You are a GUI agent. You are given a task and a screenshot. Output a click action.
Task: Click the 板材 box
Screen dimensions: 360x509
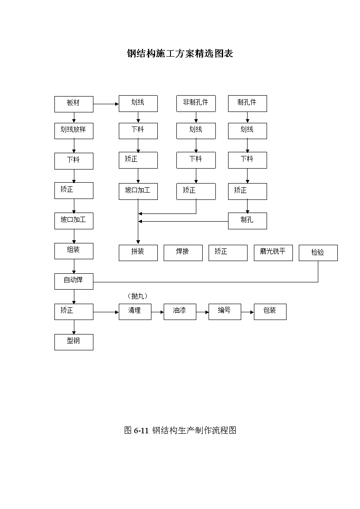tap(74, 104)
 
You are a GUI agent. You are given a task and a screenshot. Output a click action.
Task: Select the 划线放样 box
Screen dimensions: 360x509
tap(74, 131)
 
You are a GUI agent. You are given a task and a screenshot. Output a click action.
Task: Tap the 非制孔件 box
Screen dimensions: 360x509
tap(196, 103)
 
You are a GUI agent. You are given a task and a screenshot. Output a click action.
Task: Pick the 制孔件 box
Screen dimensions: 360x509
tap(248, 103)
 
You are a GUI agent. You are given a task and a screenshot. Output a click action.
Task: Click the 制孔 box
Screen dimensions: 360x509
tap(248, 221)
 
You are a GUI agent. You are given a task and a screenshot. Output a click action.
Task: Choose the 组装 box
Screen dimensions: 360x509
tap(74, 251)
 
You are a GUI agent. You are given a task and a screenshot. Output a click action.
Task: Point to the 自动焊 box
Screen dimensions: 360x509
tap(74, 281)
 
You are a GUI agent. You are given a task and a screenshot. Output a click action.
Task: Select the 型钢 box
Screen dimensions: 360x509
tap(74, 342)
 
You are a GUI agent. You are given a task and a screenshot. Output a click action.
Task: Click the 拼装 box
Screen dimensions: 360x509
tap(138, 253)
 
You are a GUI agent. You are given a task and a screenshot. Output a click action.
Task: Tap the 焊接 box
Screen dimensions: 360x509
tap(183, 253)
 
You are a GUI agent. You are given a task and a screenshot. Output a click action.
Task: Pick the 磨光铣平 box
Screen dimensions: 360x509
tap(273, 253)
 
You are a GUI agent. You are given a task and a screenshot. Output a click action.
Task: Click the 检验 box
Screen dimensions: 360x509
tap(318, 253)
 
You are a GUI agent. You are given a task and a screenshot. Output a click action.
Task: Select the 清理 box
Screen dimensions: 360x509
tap(135, 312)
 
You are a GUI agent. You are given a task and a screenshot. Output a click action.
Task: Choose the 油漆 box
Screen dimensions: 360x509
tap(180, 312)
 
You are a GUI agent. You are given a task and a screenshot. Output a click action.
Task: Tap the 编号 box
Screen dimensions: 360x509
tap(224, 312)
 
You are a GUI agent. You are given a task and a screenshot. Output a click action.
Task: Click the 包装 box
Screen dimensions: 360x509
tap(270, 312)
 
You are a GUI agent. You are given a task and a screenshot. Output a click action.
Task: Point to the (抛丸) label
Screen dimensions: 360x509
tap(137, 296)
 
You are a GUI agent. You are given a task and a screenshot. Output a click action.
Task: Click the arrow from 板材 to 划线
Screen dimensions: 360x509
tap(106, 104)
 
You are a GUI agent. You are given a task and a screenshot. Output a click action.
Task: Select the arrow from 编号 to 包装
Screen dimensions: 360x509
tap(248, 312)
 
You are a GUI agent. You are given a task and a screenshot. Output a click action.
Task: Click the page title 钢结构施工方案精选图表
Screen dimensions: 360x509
tap(180, 53)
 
